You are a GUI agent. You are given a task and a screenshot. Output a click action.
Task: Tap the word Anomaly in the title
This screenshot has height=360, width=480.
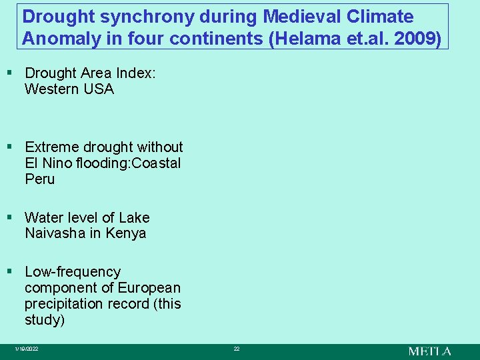[x=55, y=38]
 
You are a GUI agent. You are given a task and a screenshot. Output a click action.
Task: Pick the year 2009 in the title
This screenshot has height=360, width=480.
[x=418, y=38]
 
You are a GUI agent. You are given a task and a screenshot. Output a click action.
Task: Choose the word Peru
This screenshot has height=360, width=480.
[x=39, y=179]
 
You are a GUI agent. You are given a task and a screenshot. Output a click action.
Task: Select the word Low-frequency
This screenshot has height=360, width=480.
[x=73, y=272]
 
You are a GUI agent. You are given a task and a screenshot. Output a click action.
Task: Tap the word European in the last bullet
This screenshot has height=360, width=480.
[x=149, y=288]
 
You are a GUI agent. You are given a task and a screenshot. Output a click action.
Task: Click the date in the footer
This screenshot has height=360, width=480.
[x=27, y=349]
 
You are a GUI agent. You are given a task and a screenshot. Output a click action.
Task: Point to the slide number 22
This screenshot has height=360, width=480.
[x=236, y=349]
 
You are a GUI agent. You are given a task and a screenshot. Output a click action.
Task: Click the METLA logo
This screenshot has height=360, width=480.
[x=429, y=351]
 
